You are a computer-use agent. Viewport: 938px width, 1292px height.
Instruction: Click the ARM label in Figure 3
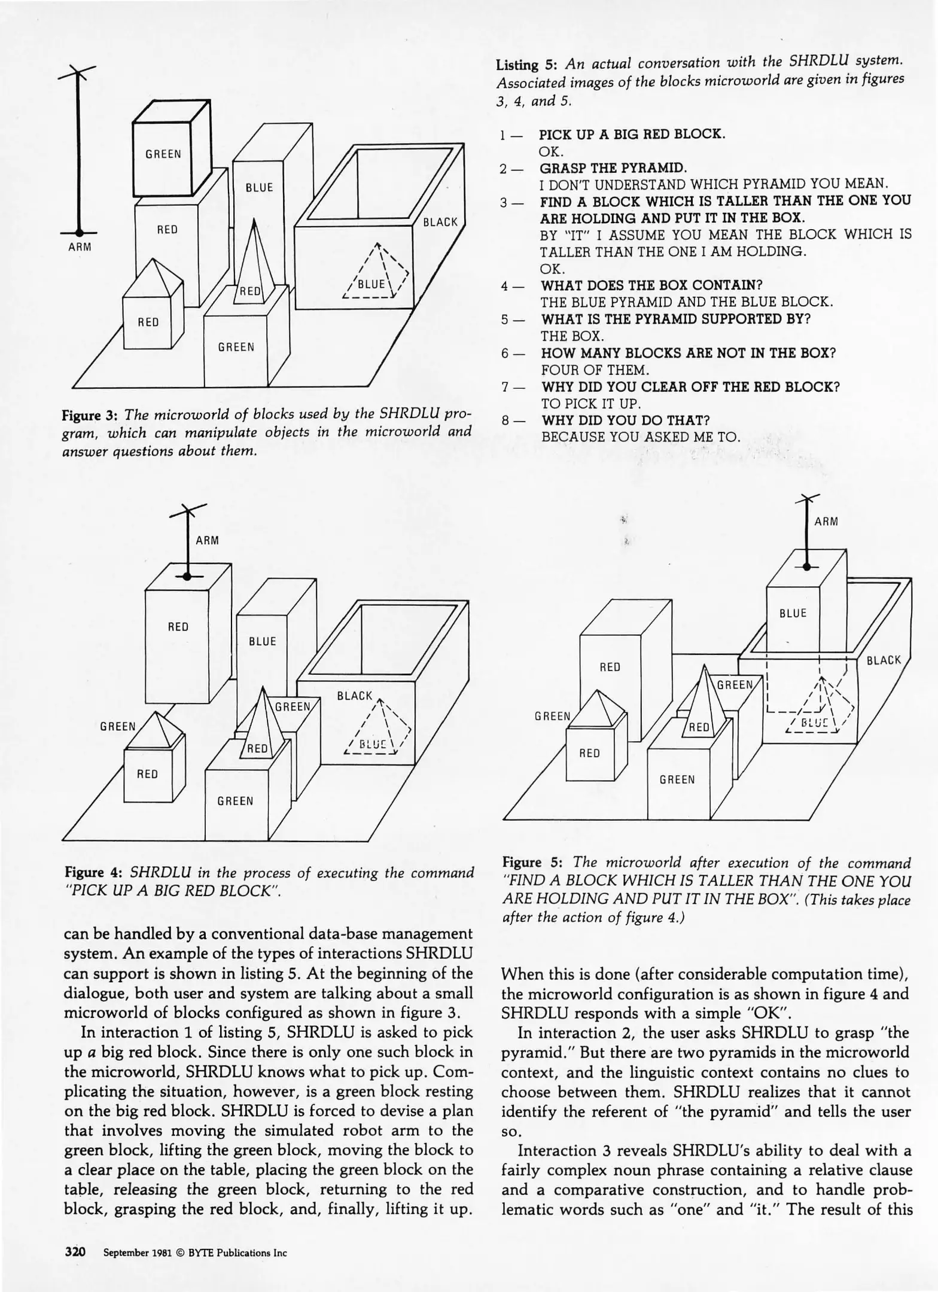(x=80, y=247)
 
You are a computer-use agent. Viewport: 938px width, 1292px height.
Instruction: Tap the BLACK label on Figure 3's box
(x=440, y=222)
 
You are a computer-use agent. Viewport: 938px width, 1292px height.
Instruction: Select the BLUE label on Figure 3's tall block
(x=259, y=187)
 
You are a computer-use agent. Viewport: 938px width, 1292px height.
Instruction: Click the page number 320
(x=75, y=1251)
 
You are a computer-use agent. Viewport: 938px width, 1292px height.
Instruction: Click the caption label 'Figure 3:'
(x=90, y=414)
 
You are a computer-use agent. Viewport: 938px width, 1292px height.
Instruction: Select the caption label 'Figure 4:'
(x=96, y=873)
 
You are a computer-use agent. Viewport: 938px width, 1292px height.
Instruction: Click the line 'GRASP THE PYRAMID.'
(x=613, y=167)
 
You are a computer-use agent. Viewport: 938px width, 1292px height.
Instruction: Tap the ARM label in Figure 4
(x=208, y=541)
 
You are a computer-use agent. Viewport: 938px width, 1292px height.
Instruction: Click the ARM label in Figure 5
(x=826, y=522)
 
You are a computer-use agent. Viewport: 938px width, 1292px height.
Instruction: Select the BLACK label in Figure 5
(x=884, y=660)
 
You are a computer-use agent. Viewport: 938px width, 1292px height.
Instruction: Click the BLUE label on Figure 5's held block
(x=793, y=613)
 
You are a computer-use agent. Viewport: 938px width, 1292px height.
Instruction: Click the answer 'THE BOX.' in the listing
(x=572, y=336)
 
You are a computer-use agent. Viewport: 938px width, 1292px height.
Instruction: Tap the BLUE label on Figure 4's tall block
(x=262, y=641)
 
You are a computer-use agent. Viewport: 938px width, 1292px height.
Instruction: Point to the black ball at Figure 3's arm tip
(x=78, y=233)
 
